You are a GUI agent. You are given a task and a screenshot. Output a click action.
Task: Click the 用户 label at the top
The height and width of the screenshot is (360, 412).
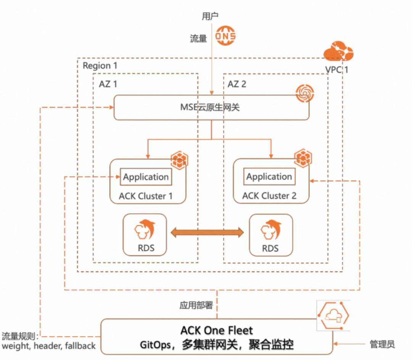pyautogui.click(x=210, y=16)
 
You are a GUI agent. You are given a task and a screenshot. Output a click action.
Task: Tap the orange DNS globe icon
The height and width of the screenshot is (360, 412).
pyautogui.click(x=225, y=36)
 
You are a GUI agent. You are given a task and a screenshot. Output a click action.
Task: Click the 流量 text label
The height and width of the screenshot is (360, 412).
pyautogui.click(x=198, y=39)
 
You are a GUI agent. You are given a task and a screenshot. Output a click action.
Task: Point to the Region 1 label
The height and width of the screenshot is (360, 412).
pyautogui.click(x=100, y=65)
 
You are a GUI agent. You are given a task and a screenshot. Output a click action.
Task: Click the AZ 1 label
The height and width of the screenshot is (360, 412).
pyautogui.click(x=108, y=84)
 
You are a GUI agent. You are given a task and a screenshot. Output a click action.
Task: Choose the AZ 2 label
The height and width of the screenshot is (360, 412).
pyautogui.click(x=237, y=84)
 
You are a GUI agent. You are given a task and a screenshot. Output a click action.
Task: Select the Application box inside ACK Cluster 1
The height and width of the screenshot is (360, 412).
pyautogui.click(x=146, y=177)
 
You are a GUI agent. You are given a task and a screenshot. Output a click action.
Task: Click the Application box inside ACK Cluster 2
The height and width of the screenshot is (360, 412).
pyautogui.click(x=269, y=177)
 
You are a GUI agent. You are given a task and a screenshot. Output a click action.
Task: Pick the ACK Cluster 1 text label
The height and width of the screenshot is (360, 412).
pyautogui.click(x=146, y=196)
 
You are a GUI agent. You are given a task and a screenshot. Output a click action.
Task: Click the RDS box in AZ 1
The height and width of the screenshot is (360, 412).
pyautogui.click(x=145, y=235)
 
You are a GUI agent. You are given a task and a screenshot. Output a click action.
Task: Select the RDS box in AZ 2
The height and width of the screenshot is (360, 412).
pyautogui.click(x=270, y=235)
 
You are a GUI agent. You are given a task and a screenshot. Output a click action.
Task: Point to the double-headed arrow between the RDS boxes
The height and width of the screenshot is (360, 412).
pyautogui.click(x=208, y=232)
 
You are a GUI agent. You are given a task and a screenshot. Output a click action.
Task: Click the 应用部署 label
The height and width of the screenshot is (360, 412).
pyautogui.click(x=196, y=306)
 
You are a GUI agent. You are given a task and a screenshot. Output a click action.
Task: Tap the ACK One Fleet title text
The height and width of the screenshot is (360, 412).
pyautogui.click(x=217, y=330)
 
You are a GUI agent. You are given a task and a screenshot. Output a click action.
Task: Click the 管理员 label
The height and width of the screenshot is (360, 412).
pyautogui.click(x=382, y=344)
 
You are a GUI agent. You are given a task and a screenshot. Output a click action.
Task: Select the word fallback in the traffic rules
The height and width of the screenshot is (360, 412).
pyautogui.click(x=79, y=346)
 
